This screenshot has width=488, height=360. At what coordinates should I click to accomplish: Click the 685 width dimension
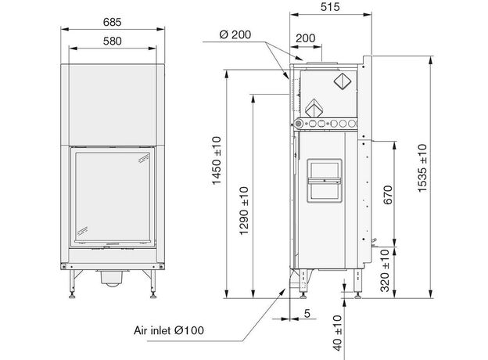click(112, 22)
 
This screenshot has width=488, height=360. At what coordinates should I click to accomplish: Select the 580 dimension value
click(113, 41)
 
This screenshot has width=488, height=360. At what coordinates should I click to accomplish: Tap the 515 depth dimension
click(330, 7)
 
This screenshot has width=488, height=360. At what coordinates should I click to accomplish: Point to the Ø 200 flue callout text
click(235, 34)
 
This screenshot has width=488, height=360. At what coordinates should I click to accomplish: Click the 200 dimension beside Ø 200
click(305, 38)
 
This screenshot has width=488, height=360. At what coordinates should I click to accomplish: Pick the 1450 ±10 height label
click(217, 160)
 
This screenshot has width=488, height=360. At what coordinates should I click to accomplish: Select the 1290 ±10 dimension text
click(244, 211)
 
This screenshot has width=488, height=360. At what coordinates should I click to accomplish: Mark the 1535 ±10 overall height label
click(422, 168)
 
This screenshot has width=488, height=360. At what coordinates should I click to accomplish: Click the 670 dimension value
click(388, 195)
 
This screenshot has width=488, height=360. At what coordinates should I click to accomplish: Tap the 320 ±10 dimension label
click(385, 270)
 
